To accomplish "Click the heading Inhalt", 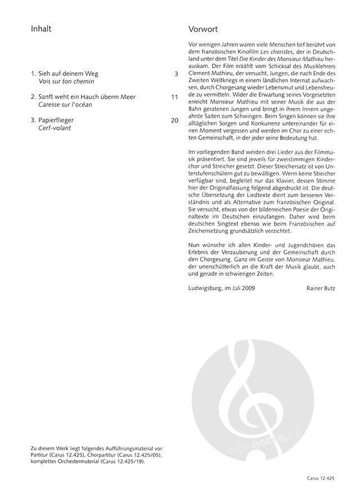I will pyautogui.click(x=41, y=29).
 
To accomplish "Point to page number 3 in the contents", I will pyautogui.click(x=176, y=73).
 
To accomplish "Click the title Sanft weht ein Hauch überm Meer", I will pyautogui.click(x=83, y=97).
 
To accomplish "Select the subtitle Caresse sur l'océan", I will pyautogui.click(x=65, y=105).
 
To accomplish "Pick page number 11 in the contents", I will pyautogui.click(x=174, y=97).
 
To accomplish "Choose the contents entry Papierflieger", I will pyautogui.click(x=56, y=120).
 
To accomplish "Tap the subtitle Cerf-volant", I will pyautogui.click(x=55, y=128).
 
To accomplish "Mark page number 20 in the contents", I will pyautogui.click(x=174, y=120).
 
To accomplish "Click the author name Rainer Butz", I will pyautogui.click(x=321, y=288).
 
